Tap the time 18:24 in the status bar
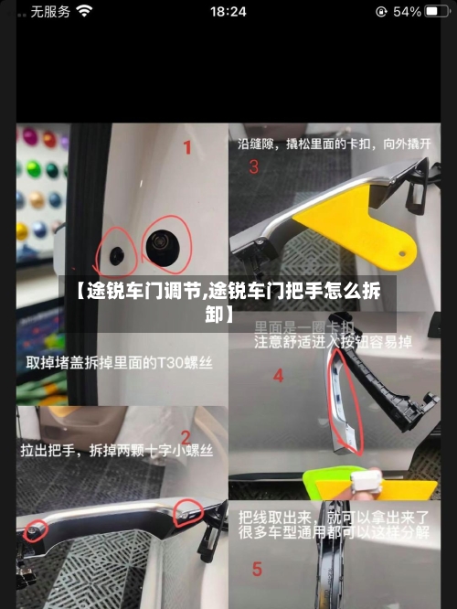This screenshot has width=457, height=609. pos(228,12)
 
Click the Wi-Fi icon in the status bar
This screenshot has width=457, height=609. pos(85,12)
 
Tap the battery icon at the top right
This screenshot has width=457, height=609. pos(438,12)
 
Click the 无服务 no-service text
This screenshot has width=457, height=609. pos(50,12)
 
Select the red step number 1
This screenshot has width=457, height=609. pos(187,147)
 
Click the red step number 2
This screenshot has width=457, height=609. pos(186,438)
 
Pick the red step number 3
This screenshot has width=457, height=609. pos(253,167)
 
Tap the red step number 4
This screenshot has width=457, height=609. pos(278,376)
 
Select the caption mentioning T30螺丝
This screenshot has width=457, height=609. pos(119,363)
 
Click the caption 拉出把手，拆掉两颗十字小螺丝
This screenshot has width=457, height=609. pos(117,451)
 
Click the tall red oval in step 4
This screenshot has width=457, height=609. pos(345,402)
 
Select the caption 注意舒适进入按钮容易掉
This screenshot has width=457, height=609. pos(333,343)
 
